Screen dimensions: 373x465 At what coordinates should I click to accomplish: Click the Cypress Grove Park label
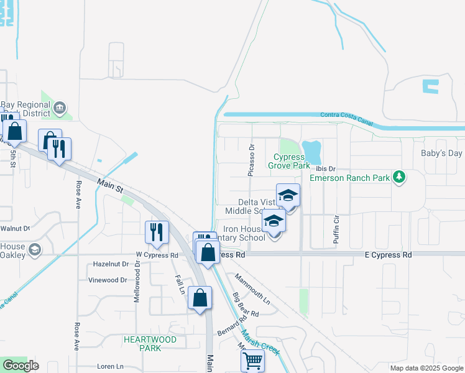[x=288, y=162]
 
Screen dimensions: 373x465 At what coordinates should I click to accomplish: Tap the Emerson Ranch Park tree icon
[x=399, y=178]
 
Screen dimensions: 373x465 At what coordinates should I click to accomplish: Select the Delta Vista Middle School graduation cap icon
[x=288, y=196]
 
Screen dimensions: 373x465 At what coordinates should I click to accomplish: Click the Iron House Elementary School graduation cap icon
[x=274, y=221]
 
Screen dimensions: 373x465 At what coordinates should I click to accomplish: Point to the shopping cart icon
[x=252, y=359]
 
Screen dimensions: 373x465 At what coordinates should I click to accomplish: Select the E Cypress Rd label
[x=388, y=255]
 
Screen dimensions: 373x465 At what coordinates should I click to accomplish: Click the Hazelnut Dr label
[x=110, y=264]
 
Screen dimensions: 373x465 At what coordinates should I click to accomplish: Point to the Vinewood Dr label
[x=108, y=280]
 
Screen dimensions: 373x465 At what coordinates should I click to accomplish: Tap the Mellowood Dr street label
[x=137, y=282]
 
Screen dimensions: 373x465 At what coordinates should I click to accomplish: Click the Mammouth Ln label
[x=252, y=290]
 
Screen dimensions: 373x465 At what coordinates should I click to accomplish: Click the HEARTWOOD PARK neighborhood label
[x=150, y=343]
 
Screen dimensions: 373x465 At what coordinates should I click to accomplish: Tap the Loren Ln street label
[x=111, y=367]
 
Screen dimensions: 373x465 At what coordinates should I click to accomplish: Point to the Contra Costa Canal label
[x=346, y=119]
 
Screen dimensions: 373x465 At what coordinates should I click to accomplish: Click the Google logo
[x=21, y=366]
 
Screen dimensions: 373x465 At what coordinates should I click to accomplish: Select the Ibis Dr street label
[x=325, y=168]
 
